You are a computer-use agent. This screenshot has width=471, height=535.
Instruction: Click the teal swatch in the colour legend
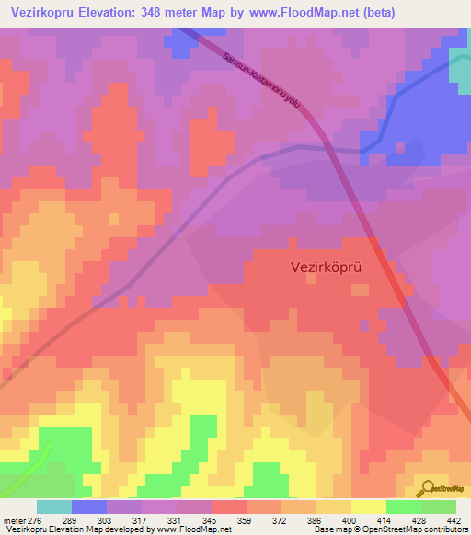(54, 507)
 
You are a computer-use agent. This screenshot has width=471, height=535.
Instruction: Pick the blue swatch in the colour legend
(89, 507)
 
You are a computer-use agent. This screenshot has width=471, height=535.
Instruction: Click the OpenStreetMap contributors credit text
(406, 530)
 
